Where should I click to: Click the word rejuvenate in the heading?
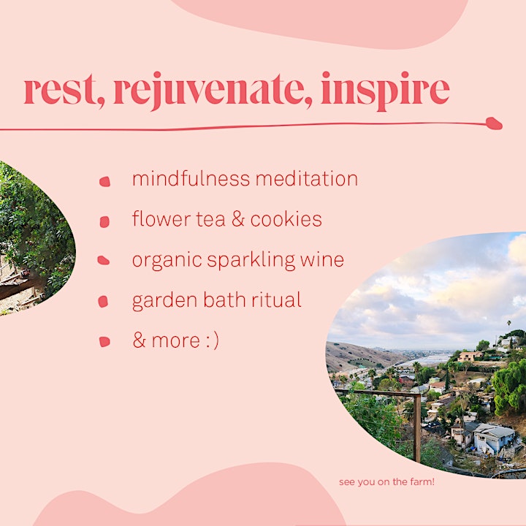click(213, 91)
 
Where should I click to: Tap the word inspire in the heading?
click(385, 91)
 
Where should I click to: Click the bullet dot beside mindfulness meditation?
click(104, 181)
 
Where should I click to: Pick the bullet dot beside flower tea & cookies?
click(104, 222)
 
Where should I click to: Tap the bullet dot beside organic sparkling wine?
click(103, 260)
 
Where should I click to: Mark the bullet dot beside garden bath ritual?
click(103, 301)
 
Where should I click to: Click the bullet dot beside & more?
click(104, 341)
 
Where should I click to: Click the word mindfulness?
click(191, 178)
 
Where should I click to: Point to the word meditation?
click(307, 178)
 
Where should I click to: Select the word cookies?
click(286, 219)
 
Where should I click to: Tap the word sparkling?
click(251, 261)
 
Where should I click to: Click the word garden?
click(164, 301)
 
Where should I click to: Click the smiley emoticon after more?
click(211, 341)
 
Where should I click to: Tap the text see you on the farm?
click(386, 482)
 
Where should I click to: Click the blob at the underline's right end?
click(494, 123)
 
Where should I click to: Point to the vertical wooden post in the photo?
click(417, 428)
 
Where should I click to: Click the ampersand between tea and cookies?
click(238, 219)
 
